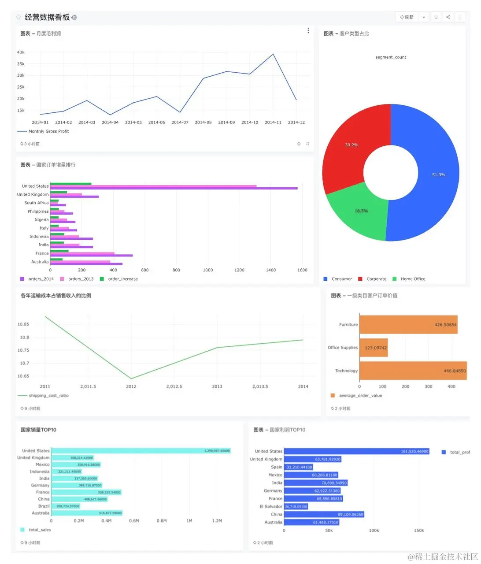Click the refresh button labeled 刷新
[407, 17]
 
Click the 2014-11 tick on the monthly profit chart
[273, 122]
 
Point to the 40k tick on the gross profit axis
[21, 52]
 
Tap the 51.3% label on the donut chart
[438, 175]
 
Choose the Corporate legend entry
[376, 279]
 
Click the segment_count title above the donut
[391, 57]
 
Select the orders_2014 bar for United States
[174, 189]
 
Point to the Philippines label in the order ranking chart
[38, 211]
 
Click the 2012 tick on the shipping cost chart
[131, 386]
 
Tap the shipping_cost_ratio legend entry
[48, 396]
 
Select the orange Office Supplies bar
[374, 348]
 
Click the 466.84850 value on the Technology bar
[455, 371]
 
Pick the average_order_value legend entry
[360, 396]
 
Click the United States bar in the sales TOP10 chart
[141, 451]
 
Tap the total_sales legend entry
[40, 530]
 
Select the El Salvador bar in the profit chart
[296, 507]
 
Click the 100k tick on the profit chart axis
[374, 531]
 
